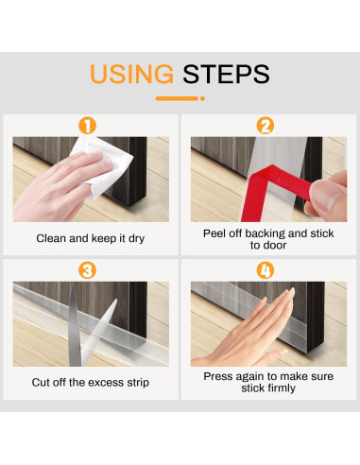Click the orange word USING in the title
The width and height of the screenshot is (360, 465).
click(131, 74)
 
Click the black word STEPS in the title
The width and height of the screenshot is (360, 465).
click(226, 74)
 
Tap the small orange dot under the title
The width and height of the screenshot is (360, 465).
click(202, 98)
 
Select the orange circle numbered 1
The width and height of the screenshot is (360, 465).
click(87, 126)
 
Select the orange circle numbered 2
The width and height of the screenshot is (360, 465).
click(266, 126)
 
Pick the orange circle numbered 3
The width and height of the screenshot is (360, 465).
click(87, 270)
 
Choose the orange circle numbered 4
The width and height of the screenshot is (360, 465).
click(266, 270)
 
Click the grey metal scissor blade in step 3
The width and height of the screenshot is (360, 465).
click(75, 326)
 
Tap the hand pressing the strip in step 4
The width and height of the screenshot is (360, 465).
click(249, 334)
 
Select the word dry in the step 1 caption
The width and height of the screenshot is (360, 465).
click(136, 238)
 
